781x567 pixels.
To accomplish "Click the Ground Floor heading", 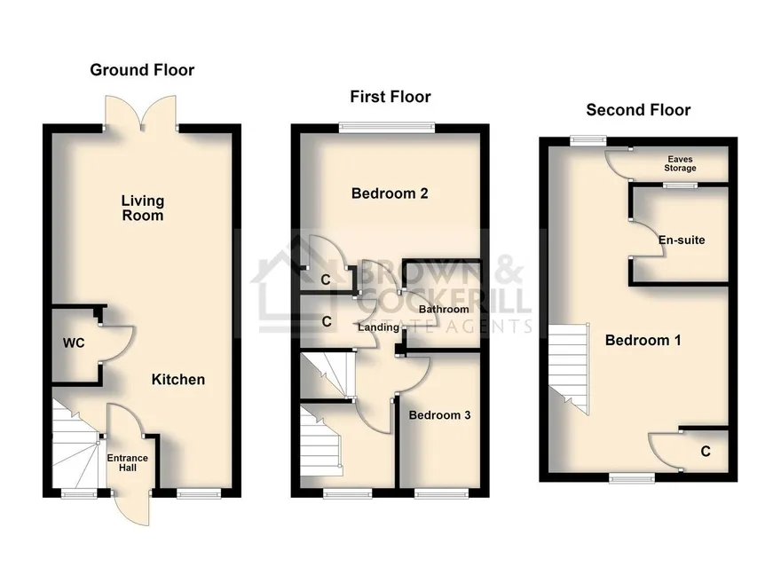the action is pyautogui.click(x=142, y=70).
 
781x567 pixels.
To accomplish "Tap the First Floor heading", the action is pyautogui.click(x=390, y=97).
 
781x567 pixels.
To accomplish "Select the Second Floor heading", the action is pyautogui.click(x=638, y=110).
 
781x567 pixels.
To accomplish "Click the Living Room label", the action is pyautogui.click(x=143, y=209).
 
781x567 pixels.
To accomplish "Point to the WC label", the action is pyautogui.click(x=74, y=343).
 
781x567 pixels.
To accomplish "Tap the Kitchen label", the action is pyautogui.click(x=178, y=379).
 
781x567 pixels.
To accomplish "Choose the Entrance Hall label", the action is pyautogui.click(x=128, y=462).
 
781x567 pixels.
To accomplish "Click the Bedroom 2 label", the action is pyautogui.click(x=390, y=193).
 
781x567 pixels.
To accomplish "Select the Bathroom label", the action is pyautogui.click(x=443, y=309).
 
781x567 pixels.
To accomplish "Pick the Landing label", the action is pyautogui.click(x=379, y=327).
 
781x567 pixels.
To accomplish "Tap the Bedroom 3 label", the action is pyautogui.click(x=439, y=415).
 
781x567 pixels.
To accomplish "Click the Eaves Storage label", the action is pyautogui.click(x=680, y=164).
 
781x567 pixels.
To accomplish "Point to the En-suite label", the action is pyautogui.click(x=682, y=240).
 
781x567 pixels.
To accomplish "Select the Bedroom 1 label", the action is pyautogui.click(x=643, y=341).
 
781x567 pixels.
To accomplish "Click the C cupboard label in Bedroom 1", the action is pyautogui.click(x=706, y=452).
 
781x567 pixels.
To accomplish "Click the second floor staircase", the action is pyautogui.click(x=569, y=369).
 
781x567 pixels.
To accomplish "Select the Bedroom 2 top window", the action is pyautogui.click(x=387, y=128).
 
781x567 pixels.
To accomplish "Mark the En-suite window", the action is pyautogui.click(x=680, y=185).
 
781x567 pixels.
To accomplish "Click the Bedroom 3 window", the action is pyautogui.click(x=441, y=493).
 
